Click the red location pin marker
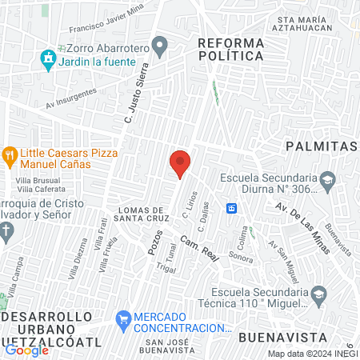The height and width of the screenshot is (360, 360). tap(180, 163)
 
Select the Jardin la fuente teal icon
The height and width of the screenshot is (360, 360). tap(48, 58)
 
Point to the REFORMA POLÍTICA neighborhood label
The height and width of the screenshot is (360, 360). tap(230, 49)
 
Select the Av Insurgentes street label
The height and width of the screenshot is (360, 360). tap(71, 98)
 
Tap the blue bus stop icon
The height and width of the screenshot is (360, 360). tap(232, 208)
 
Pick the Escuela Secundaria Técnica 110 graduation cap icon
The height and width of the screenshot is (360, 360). tap(318, 294)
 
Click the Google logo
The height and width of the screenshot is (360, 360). tap(26, 350)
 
